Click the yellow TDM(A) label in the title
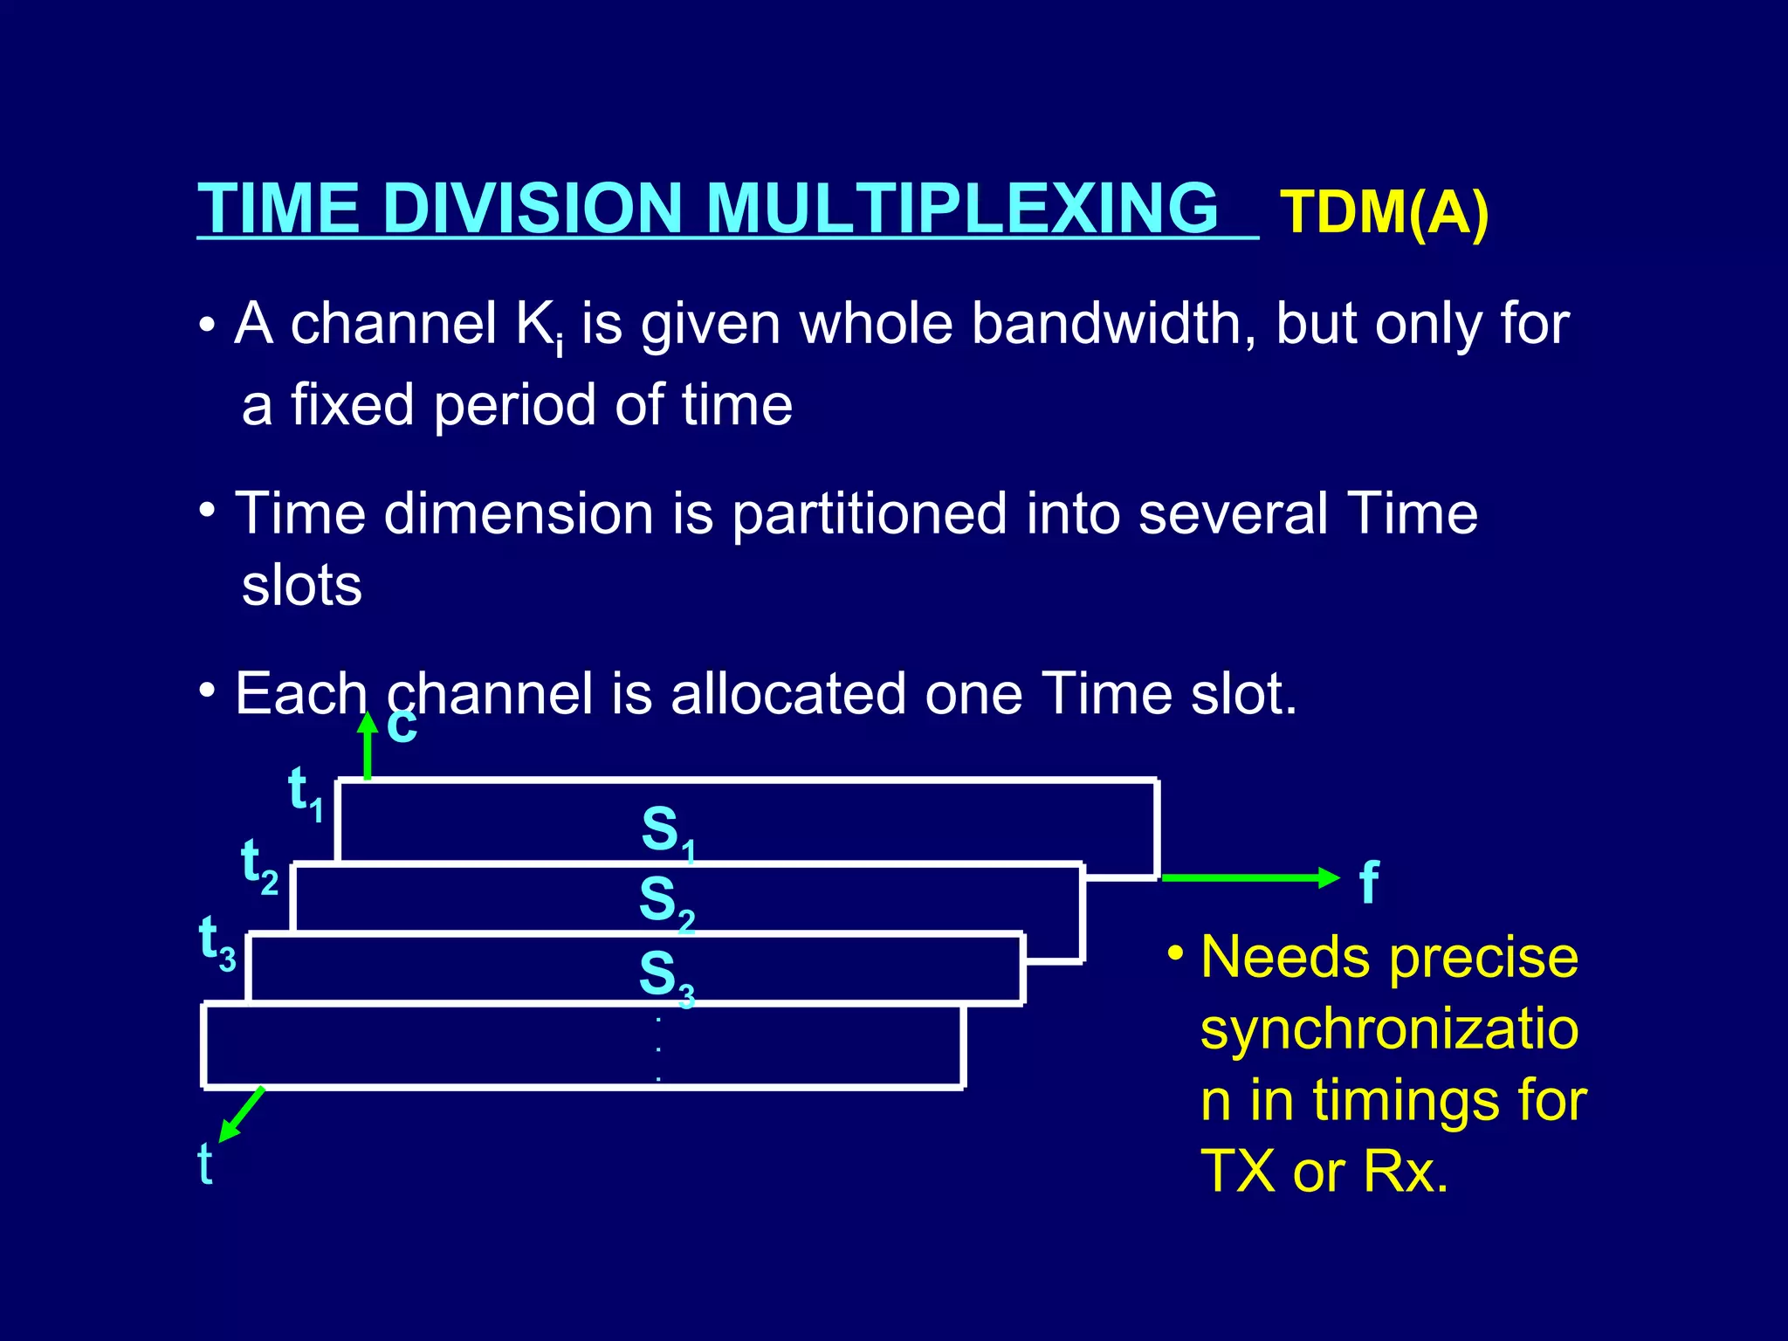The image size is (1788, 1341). pos(1384,212)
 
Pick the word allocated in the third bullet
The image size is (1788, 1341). pos(788,694)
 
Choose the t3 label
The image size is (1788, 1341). pos(217,941)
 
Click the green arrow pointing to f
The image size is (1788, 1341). pos(1250,877)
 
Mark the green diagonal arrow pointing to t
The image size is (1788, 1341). pos(241,1114)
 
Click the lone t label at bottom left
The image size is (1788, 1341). pos(205,1164)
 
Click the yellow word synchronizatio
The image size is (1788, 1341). pos(1389,1028)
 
